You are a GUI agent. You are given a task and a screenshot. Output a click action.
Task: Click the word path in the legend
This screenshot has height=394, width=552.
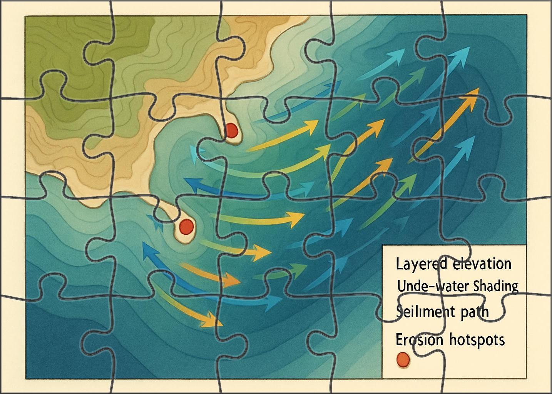473,311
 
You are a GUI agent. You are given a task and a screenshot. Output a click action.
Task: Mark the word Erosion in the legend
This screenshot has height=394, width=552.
419,340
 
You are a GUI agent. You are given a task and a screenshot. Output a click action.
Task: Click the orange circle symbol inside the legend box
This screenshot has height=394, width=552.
403,359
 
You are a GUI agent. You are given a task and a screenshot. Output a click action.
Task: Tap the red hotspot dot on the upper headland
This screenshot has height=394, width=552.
231,130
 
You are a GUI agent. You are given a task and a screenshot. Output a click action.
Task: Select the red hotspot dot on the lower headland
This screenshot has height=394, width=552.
186,225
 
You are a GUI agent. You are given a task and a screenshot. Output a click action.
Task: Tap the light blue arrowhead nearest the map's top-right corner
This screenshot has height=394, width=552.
466,51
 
